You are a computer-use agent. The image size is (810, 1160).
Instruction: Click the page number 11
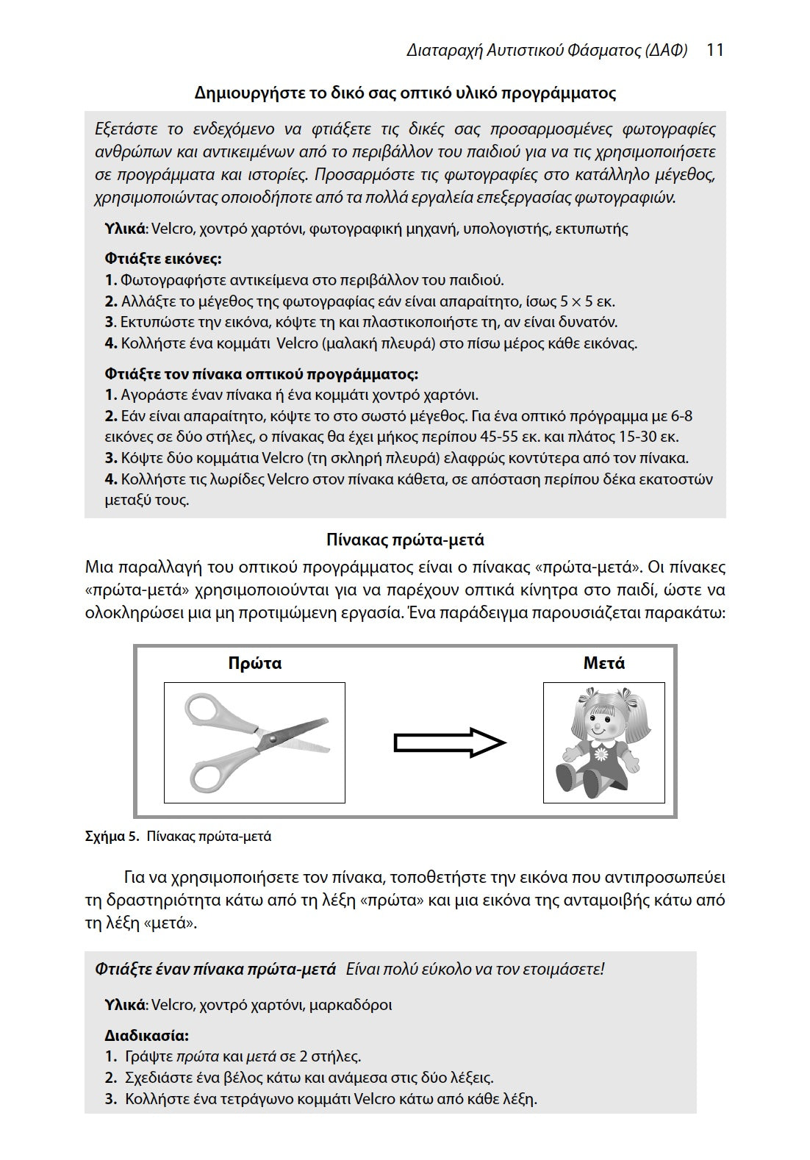tap(714, 50)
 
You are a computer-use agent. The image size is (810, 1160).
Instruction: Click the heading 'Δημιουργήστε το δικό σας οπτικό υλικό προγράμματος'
tap(405, 93)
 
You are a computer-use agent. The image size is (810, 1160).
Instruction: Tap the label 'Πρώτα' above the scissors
tap(254, 663)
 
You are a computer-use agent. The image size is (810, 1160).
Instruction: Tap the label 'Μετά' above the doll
tap(603, 663)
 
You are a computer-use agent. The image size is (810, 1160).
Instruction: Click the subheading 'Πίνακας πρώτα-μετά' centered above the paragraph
tap(405, 540)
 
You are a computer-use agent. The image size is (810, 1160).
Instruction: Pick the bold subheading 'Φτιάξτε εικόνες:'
tap(162, 259)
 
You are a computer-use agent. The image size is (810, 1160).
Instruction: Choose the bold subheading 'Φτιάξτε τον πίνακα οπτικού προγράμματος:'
tap(261, 374)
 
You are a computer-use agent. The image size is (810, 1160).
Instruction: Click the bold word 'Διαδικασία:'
tap(146, 1036)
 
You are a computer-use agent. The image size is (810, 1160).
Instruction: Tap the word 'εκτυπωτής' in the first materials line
tap(592, 228)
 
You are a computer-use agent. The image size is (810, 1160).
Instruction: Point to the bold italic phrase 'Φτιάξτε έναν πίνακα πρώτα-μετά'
tap(215, 969)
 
